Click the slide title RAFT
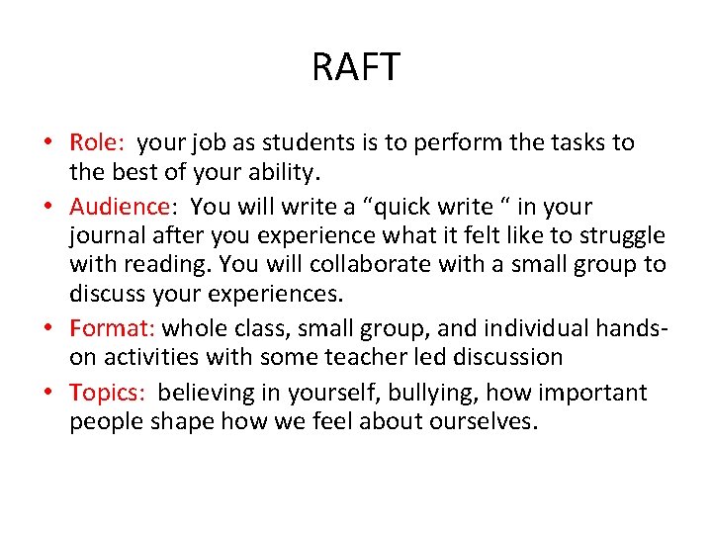pos(356,68)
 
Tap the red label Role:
pos(98,142)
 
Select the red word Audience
pos(119,207)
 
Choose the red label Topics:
pos(108,393)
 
